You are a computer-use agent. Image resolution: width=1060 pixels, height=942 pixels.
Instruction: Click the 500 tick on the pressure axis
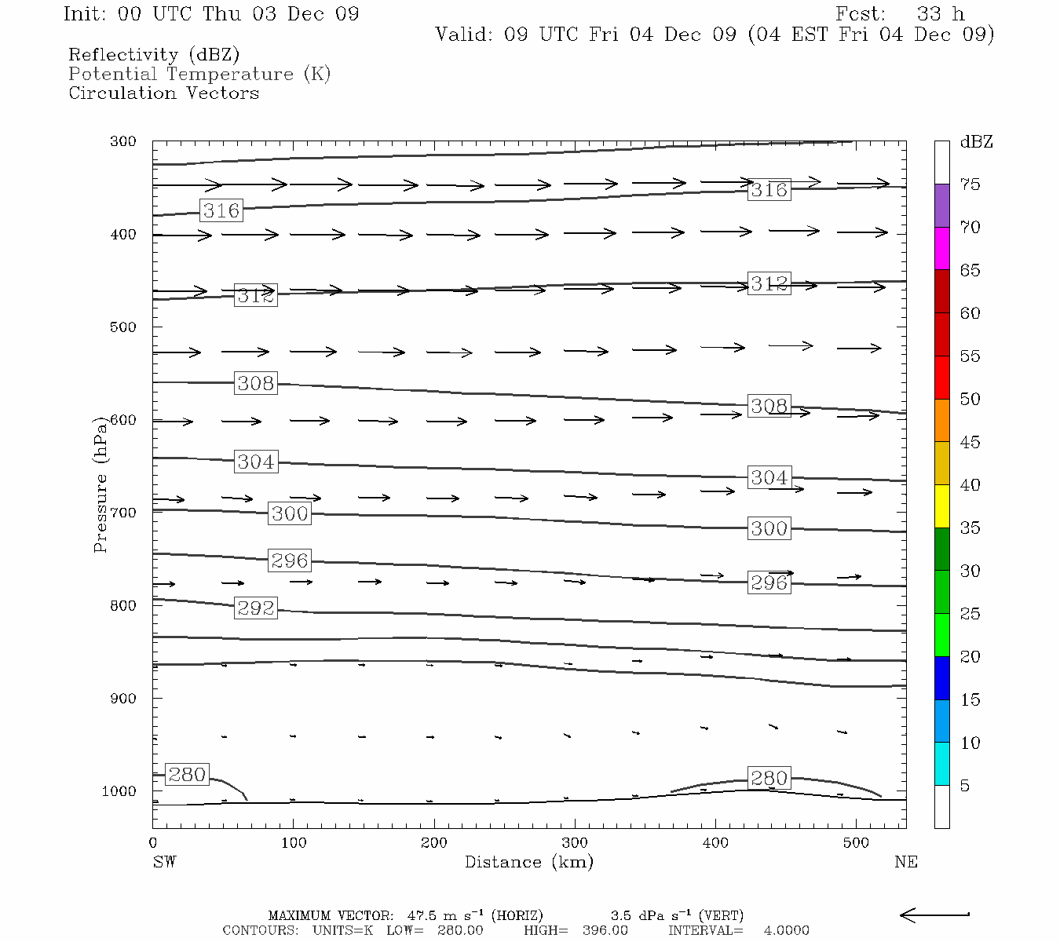point(123,327)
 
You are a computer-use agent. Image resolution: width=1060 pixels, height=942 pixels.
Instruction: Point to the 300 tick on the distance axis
point(575,842)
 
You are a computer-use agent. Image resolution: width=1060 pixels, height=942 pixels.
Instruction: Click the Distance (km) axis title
point(529,862)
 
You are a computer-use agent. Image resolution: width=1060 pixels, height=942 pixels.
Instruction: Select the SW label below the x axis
point(164,862)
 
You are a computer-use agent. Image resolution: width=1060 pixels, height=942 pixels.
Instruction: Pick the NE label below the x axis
point(905,862)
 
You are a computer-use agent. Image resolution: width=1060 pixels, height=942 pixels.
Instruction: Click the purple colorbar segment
point(942,206)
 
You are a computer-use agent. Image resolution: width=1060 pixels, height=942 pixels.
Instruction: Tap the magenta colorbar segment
point(942,248)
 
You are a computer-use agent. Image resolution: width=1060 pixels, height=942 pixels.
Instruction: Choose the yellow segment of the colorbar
point(942,506)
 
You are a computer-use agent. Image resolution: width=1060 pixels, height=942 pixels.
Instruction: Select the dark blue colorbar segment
point(942,678)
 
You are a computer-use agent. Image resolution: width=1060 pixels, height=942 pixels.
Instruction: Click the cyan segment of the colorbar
point(942,764)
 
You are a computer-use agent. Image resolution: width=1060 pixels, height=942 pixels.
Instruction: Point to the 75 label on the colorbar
point(970,184)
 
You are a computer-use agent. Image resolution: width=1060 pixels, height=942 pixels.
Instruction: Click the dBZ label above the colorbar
point(976,142)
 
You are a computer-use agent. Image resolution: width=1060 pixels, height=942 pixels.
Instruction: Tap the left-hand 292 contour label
point(256,608)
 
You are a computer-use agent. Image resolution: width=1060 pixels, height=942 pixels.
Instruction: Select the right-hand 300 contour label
point(769,528)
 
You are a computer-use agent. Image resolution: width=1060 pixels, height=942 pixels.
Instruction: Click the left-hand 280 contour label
point(187,775)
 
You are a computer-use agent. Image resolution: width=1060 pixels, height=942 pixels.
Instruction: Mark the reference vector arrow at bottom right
point(934,915)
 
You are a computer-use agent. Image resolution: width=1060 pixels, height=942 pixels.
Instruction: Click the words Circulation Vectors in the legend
point(163,93)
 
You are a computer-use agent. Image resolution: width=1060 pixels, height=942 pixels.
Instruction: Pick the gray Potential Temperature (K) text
point(199,74)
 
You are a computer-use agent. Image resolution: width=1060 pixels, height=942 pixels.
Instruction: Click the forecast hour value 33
point(930,14)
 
